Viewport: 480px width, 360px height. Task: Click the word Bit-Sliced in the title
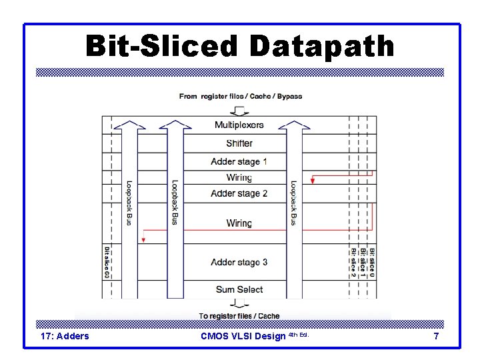(162, 47)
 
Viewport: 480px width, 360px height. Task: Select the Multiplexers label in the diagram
(239, 125)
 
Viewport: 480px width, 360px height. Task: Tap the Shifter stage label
(239, 143)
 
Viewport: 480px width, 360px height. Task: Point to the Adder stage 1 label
(239, 161)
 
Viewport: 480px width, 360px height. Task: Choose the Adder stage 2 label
(239, 193)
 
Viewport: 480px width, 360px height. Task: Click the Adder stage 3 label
(239, 262)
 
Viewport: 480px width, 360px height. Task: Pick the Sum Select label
(239, 289)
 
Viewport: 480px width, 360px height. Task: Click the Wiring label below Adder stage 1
(239, 177)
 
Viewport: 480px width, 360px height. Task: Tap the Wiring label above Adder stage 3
(239, 223)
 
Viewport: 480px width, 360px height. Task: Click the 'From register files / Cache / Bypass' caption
(240, 96)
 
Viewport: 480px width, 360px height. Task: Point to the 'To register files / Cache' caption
(239, 316)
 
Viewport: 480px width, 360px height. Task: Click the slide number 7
(436, 336)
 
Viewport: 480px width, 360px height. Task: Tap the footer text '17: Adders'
(64, 336)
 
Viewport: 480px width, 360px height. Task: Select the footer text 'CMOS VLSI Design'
(243, 336)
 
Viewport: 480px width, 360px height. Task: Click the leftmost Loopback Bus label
(129, 203)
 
